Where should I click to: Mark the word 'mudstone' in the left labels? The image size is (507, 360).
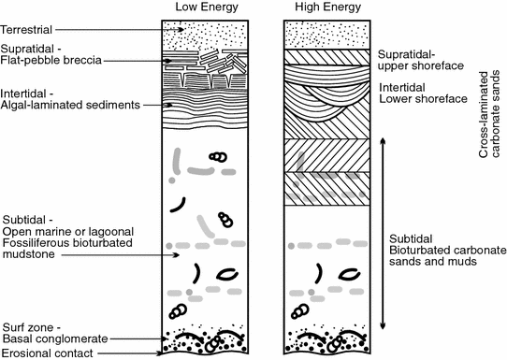pos(28,254)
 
